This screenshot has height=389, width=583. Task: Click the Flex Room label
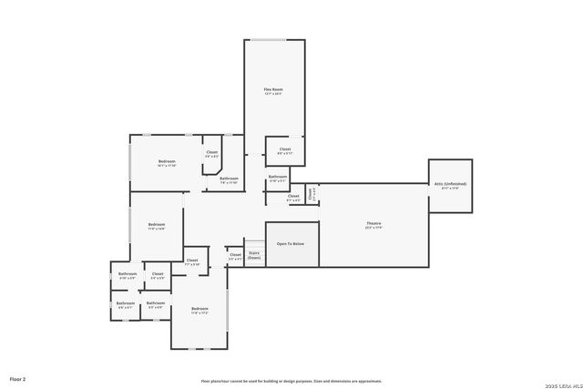pos(273,89)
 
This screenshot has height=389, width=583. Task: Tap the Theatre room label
pos(373,223)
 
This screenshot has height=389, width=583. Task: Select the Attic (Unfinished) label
pos(450,184)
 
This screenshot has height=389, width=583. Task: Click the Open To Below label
pos(291,244)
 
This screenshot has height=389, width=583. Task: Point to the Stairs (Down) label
pos(254,256)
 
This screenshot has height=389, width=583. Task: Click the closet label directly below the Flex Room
pos(285,148)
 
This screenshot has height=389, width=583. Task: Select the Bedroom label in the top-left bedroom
pos(166,161)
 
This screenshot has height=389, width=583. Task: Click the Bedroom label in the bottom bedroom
pos(199,309)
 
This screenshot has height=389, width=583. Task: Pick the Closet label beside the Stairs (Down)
pos(235,255)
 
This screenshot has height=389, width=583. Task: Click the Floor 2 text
pos(17,378)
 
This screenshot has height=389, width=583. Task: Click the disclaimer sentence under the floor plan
pos(291,381)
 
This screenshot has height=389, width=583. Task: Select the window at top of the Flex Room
pos(273,40)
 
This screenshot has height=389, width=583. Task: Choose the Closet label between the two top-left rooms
pos(211,152)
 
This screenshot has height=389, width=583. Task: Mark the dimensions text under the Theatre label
pos(373,228)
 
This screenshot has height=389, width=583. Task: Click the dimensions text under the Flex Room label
pos(273,94)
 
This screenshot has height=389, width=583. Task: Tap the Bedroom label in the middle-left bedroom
pos(157,225)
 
